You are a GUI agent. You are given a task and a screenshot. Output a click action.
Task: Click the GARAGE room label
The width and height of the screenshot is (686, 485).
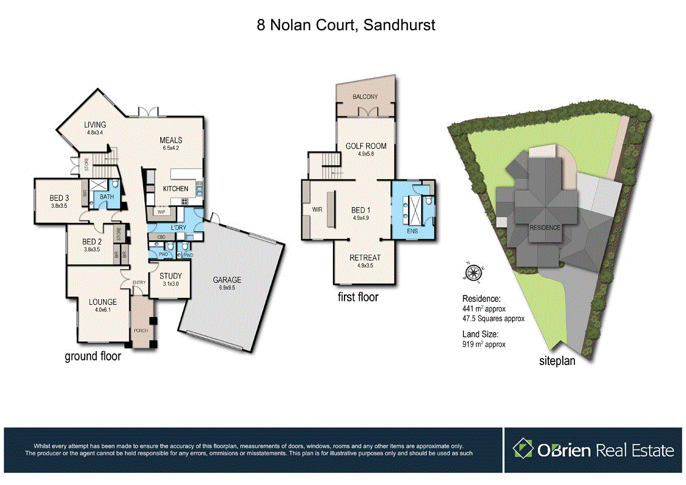(227, 279)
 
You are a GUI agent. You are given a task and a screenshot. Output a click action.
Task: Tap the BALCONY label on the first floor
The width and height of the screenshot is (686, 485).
(365, 97)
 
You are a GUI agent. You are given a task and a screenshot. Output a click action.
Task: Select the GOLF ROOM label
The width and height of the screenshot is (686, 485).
(366, 146)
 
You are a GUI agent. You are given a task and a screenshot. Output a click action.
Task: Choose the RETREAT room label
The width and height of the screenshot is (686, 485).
(365, 258)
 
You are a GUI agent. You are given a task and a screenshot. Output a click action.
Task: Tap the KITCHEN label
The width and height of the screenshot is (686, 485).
(175, 189)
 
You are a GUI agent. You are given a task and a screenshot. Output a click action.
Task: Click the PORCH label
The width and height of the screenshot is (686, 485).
(141, 330)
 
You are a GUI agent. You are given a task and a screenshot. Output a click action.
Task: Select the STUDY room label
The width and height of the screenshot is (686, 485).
(170, 276)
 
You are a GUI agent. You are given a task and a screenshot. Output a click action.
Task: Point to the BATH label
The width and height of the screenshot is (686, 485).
(107, 196)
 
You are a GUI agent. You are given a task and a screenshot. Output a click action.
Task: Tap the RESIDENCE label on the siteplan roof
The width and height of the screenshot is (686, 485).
(545, 228)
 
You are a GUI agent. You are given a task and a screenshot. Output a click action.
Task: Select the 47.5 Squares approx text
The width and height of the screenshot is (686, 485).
(493, 318)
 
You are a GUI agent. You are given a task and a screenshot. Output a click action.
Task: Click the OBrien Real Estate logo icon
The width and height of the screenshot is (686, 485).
(523, 449)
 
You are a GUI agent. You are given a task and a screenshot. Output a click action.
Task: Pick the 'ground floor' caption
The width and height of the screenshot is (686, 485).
(93, 356)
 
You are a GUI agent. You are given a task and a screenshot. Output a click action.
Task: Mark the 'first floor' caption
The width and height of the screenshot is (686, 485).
(358, 297)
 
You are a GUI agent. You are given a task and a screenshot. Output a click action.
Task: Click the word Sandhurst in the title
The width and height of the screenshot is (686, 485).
(398, 25)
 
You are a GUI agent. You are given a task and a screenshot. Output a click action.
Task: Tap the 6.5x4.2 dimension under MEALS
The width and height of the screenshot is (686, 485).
(171, 147)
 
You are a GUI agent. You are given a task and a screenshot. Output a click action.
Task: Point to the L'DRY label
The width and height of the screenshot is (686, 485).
(179, 227)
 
